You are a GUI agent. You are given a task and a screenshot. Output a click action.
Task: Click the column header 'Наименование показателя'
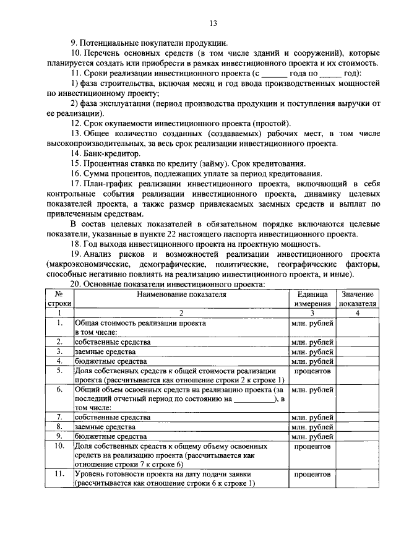(181, 295)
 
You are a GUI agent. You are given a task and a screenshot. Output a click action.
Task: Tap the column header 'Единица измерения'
(312, 299)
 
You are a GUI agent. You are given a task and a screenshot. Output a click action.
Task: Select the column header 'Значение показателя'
(356, 299)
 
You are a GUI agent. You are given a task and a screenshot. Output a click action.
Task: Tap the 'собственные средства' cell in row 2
(112, 342)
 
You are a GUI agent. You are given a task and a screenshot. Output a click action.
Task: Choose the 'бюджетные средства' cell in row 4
(110, 361)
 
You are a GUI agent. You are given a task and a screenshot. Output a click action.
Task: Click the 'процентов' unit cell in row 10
(312, 446)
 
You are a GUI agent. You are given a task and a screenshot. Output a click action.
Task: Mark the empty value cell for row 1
(356, 327)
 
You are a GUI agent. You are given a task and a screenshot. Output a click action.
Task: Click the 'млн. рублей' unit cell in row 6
(312, 390)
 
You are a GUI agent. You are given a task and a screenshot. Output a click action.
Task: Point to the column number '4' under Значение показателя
(356, 313)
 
